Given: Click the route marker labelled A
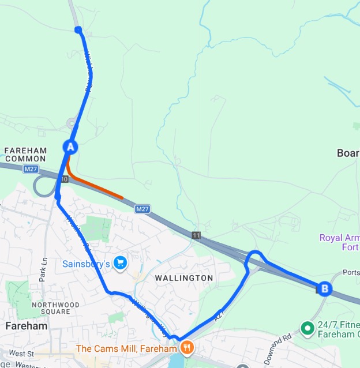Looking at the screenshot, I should point(70,147).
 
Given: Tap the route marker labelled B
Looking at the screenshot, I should point(324,288).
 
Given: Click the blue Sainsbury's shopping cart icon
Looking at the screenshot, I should point(120,264).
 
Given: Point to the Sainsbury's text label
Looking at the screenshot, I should point(86,264).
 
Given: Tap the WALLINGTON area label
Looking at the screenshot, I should point(184,278).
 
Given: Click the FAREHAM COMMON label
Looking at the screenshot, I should point(25,154).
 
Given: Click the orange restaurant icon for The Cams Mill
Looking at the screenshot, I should point(186,348).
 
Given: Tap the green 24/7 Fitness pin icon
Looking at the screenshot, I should point(307,328).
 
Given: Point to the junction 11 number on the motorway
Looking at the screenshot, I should point(197,235).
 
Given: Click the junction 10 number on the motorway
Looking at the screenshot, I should point(64,180).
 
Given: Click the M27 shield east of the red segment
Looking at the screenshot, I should point(142,209).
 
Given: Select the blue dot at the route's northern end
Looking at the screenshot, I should point(78,30).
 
